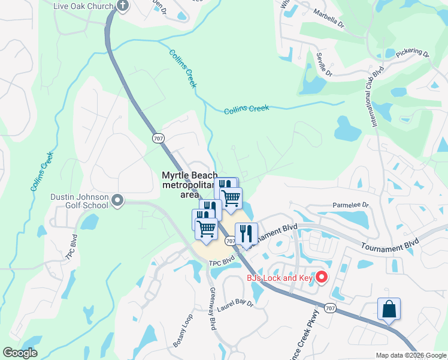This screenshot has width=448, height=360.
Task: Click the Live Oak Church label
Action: coord(83,5)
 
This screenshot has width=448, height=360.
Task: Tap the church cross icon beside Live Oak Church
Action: coord(123,6)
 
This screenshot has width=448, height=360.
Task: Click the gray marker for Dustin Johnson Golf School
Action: coord(117,200)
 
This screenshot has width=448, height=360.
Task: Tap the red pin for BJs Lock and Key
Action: coord(321,277)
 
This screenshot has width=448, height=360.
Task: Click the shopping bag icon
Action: coord(389,309)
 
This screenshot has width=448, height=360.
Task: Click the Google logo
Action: coord(20,353)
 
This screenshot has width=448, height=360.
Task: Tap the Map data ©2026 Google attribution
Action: coord(411,355)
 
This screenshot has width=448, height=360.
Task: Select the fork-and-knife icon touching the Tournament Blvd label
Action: coord(246,233)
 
